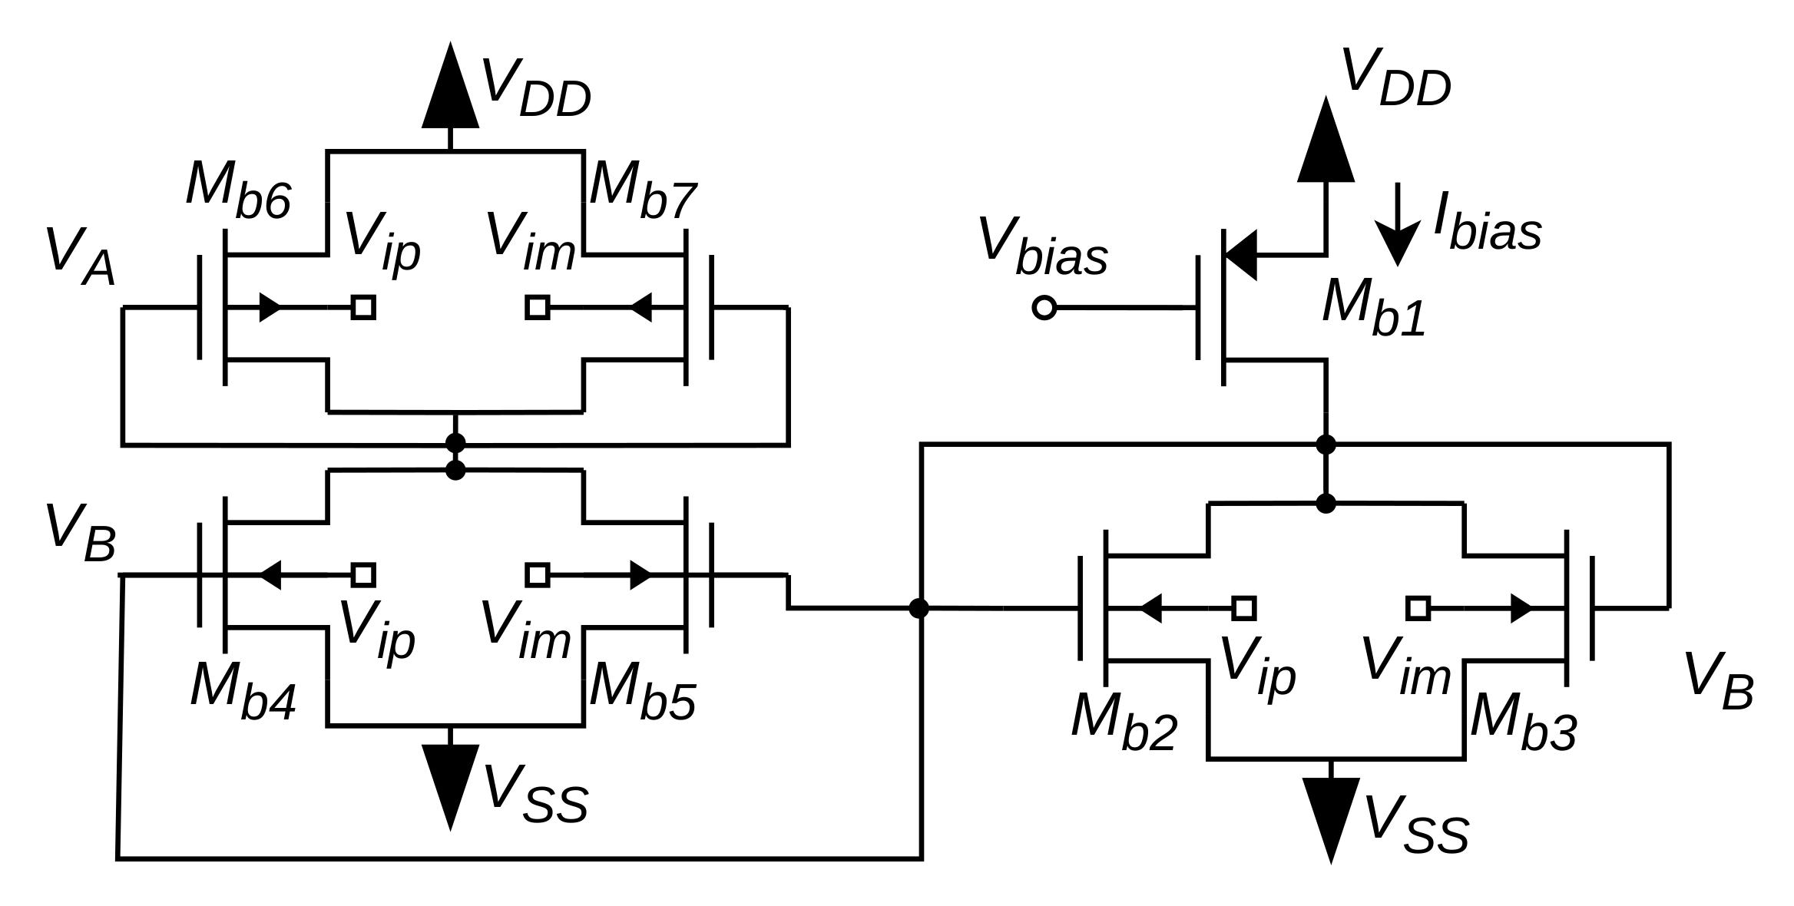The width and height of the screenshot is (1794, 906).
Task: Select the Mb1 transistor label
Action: [1374, 307]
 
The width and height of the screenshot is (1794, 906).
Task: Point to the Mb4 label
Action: [243, 690]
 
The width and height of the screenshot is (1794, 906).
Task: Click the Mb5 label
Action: [643, 690]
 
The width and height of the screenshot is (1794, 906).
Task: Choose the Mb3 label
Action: [1524, 722]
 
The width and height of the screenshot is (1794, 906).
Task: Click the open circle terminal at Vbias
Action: [1044, 307]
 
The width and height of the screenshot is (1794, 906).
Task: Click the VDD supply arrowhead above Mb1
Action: [1326, 142]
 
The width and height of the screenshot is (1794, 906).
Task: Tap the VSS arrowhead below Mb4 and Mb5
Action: [451, 783]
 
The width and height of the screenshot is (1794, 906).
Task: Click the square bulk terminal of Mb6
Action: [363, 307]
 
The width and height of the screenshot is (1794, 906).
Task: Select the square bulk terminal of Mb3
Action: [1418, 608]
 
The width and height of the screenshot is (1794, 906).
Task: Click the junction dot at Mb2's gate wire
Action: [919, 608]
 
